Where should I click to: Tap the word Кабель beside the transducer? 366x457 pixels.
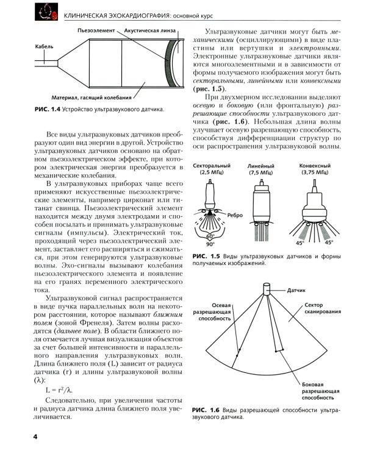[x=45, y=46]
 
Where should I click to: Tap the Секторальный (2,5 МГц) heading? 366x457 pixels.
[x=210, y=169]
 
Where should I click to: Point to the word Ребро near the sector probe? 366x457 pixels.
[x=235, y=215]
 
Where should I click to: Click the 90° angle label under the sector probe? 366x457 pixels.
[x=210, y=244]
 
